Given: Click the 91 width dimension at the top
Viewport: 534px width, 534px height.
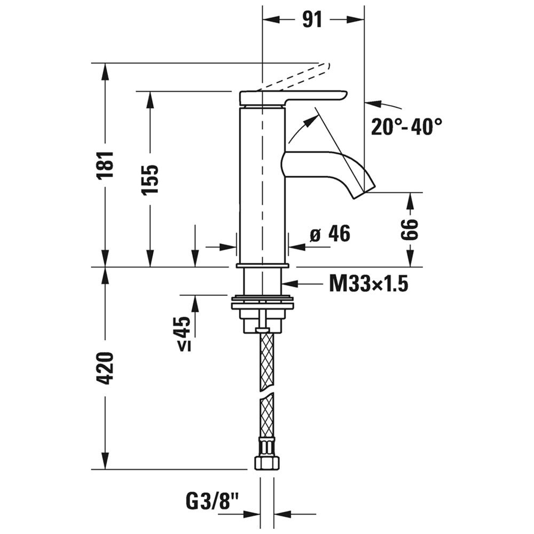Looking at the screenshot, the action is pyautogui.click(x=312, y=20).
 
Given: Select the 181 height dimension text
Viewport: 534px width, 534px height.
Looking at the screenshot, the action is pyautogui.click(x=105, y=164).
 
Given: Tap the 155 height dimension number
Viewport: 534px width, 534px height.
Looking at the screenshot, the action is pyautogui.click(x=150, y=179).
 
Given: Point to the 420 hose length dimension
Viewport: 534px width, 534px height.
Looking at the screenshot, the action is pyautogui.click(x=105, y=368).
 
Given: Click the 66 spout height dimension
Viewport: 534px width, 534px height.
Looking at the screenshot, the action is pyautogui.click(x=409, y=229).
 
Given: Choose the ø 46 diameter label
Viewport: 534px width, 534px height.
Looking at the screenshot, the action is pyautogui.click(x=329, y=234).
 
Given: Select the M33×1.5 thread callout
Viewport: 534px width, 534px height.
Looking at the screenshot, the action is pyautogui.click(x=368, y=284).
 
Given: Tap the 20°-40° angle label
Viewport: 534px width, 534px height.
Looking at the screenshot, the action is pyautogui.click(x=406, y=127).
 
